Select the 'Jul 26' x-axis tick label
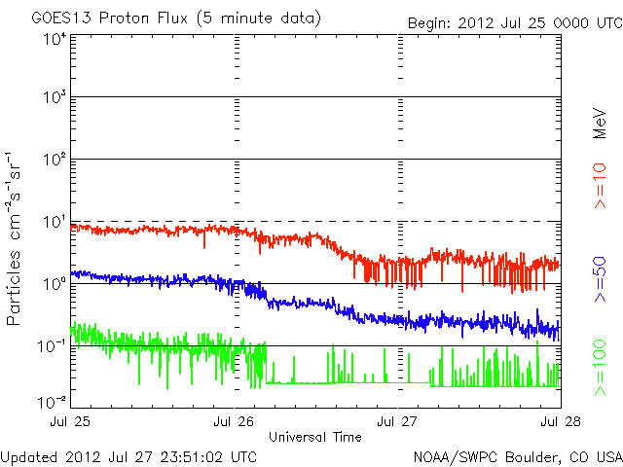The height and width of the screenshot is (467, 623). (235, 421)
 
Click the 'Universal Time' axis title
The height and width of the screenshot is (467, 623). (315, 437)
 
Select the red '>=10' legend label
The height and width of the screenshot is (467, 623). (601, 186)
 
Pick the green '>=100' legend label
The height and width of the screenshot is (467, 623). (601, 367)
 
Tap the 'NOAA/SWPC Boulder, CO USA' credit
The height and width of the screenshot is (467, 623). (517, 455)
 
